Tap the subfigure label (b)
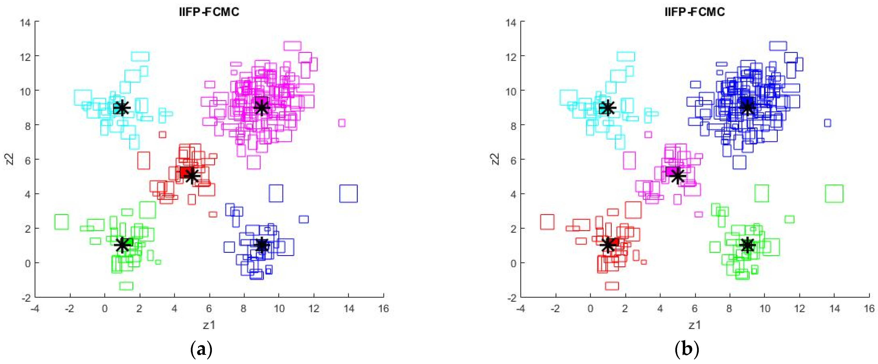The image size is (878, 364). [x=687, y=349]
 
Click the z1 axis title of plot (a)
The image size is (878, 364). [x=209, y=325]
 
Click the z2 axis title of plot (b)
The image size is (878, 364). [x=495, y=159]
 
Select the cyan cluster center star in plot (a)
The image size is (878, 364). [x=122, y=108]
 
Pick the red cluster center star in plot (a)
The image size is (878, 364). [x=192, y=176]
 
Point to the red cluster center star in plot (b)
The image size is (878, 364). [x=608, y=245]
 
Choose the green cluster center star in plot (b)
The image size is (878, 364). [x=747, y=245]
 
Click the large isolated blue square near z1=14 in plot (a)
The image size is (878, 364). [x=348, y=193]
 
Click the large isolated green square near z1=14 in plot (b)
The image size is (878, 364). [x=834, y=193]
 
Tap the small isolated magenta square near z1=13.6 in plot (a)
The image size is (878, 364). [x=342, y=123]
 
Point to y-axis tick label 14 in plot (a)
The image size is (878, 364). [x=25, y=23]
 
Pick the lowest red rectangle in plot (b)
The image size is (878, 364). [x=612, y=286]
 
